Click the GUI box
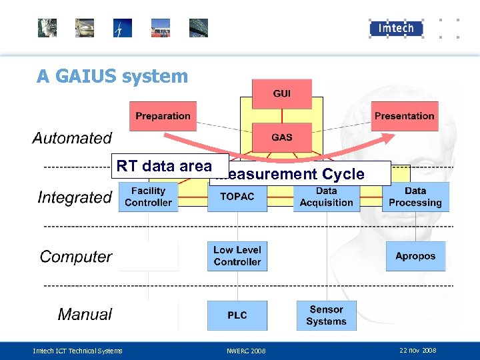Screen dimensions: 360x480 click(x=282, y=94)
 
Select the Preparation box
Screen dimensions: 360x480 click(x=163, y=116)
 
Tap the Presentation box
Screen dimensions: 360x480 click(x=404, y=116)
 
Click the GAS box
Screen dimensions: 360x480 click(x=282, y=137)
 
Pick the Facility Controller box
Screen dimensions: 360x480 click(x=148, y=197)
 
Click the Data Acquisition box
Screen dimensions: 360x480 click(x=326, y=197)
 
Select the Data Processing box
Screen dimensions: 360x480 click(x=415, y=197)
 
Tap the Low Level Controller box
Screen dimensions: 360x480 click(x=237, y=256)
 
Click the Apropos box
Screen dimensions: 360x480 click(x=415, y=256)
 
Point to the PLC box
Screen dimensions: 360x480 click(x=237, y=315)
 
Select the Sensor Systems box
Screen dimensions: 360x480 click(x=326, y=315)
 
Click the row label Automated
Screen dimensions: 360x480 click(x=72, y=139)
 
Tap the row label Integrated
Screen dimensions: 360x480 click(x=75, y=197)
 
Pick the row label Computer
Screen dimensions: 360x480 click(x=76, y=257)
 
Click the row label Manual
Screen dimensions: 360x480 click(x=85, y=315)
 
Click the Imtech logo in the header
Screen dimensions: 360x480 click(x=396, y=28)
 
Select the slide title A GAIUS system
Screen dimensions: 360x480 click(x=113, y=76)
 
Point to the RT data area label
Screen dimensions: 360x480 click(x=164, y=166)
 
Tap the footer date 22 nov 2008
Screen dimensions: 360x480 click(x=417, y=350)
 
